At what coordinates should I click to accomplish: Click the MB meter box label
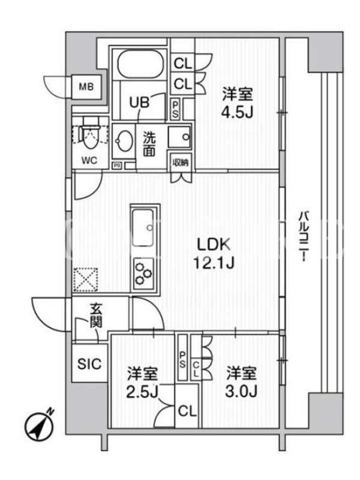[86, 87]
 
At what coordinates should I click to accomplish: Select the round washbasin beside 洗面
[124, 141]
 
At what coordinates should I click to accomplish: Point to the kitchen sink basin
[142, 227]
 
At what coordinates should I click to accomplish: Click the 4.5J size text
[237, 113]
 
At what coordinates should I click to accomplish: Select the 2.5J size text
[142, 392]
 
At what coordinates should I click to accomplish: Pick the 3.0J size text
[241, 391]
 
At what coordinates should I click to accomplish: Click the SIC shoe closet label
[89, 364]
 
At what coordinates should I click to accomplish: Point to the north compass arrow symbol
[39, 427]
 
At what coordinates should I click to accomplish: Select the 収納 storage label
[180, 162]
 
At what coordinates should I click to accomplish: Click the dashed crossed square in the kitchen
[86, 280]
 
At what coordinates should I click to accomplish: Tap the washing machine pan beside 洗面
[179, 137]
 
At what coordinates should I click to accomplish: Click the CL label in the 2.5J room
[187, 412]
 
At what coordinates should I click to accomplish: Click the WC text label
[89, 160]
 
